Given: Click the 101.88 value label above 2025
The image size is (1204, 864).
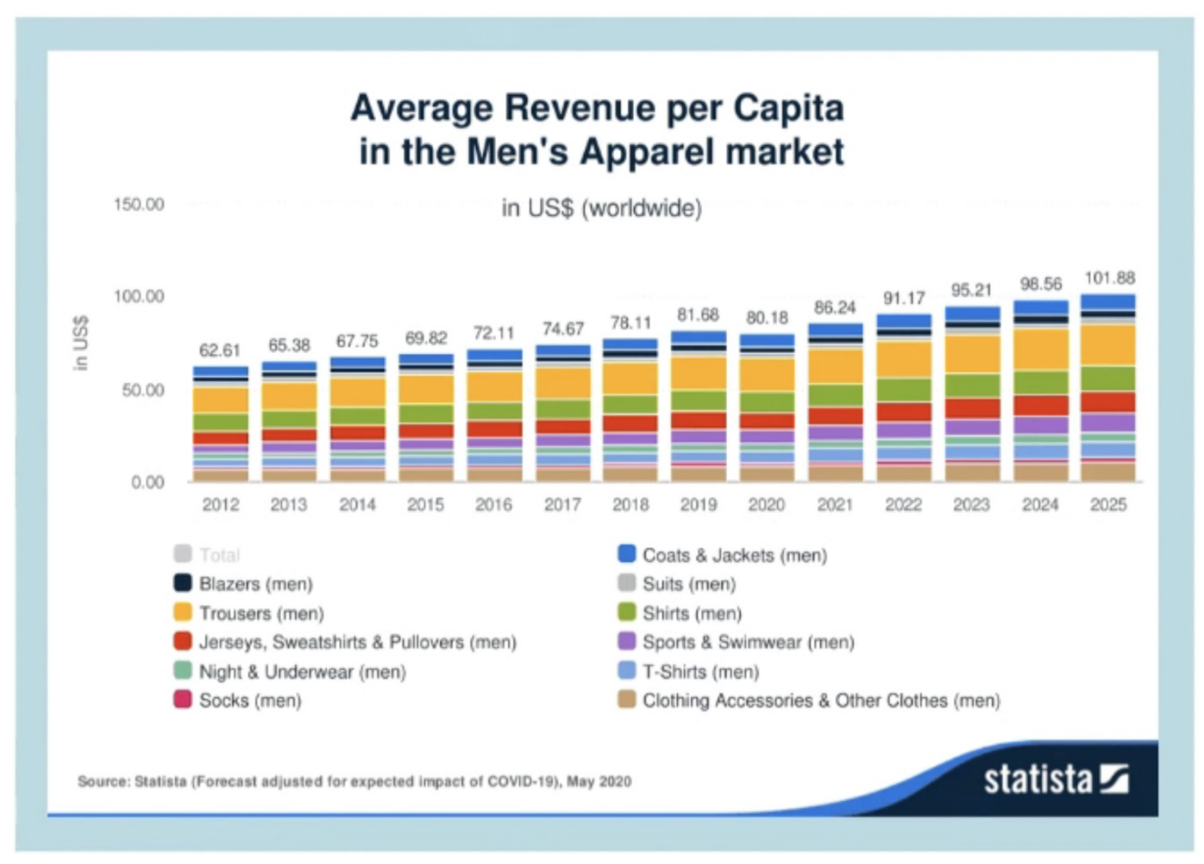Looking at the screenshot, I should [x=1109, y=277].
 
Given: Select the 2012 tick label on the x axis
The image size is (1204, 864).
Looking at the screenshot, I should [x=221, y=505].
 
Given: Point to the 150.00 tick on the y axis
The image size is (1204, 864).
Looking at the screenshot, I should [x=139, y=204].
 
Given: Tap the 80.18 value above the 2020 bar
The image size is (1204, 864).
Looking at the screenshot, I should [x=766, y=317].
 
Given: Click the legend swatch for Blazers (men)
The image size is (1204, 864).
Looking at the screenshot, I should [x=182, y=583].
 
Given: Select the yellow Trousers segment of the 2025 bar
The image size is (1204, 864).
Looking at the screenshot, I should [x=1108, y=345].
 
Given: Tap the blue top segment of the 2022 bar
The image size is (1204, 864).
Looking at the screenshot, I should [x=903, y=321].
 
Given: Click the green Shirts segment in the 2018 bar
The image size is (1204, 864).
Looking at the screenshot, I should [x=630, y=404].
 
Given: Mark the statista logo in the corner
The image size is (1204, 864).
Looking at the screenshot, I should [x=1055, y=779].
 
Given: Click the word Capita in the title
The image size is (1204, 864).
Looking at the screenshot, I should [x=789, y=108].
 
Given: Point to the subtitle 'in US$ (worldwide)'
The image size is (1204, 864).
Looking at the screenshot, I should [x=601, y=208].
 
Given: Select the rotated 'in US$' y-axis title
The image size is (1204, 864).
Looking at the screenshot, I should [x=81, y=343].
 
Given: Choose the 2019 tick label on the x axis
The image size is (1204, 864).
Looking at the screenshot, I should [x=699, y=505].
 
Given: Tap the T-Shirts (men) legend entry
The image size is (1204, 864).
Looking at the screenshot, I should [x=700, y=671].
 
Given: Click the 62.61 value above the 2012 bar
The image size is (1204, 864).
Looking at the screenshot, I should [x=220, y=350].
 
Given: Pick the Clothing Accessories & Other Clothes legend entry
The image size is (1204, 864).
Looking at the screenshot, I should [x=821, y=701].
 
